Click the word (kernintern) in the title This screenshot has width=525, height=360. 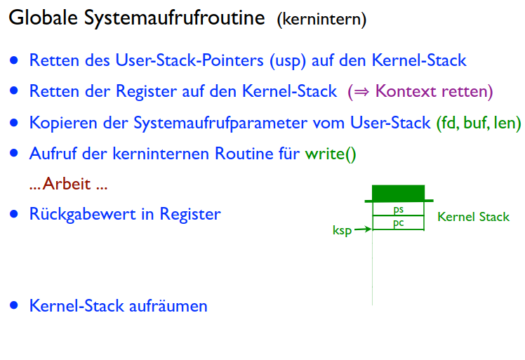321,20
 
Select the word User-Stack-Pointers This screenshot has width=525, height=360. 190,61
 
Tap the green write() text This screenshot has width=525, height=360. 330,153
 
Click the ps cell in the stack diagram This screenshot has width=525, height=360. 398,209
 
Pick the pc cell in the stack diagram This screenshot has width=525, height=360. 398,223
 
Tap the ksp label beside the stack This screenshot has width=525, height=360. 342,229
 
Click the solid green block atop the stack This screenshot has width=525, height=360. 398,193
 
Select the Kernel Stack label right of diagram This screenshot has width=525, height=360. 473,217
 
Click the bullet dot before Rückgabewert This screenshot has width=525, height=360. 14,214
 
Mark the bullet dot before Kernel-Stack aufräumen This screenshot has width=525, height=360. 14,306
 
